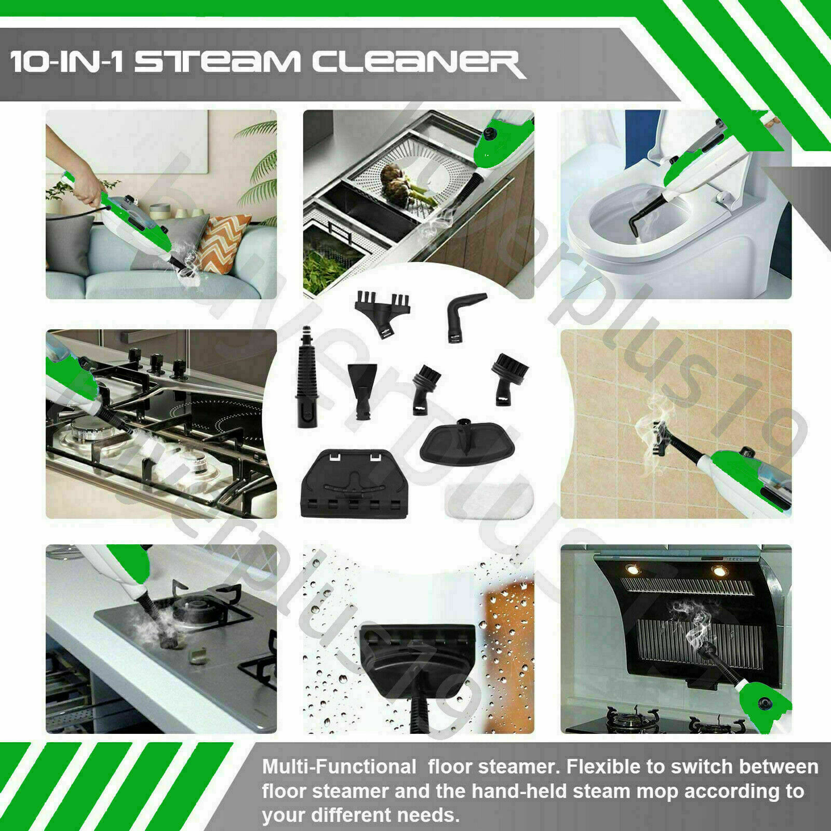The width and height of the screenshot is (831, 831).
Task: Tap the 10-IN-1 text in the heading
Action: [68, 64]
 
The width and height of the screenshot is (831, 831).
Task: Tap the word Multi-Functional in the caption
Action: [339, 767]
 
